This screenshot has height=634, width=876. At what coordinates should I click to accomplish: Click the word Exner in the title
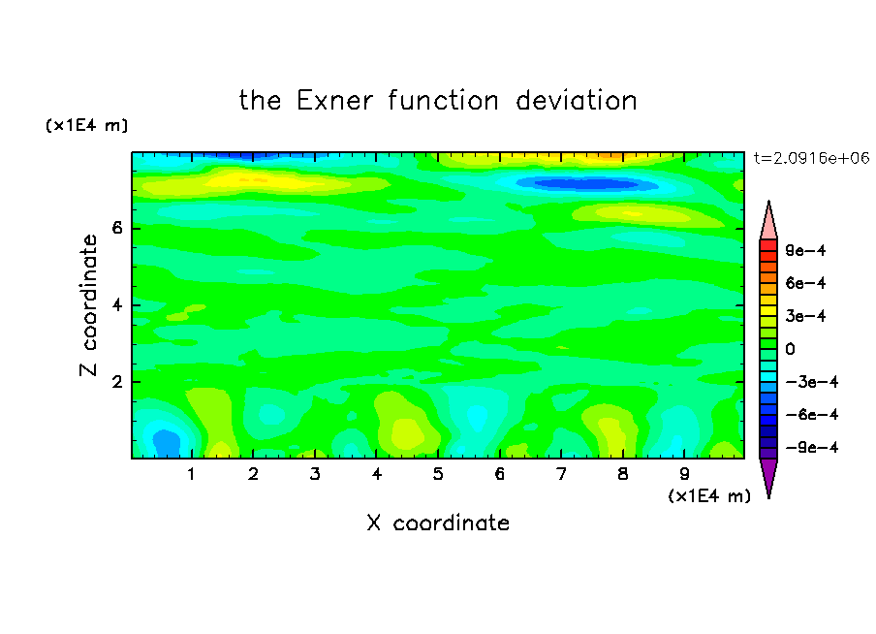tap(334, 101)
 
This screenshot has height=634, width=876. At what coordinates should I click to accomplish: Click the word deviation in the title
tap(576, 101)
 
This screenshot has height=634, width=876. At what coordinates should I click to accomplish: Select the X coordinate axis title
tap(438, 523)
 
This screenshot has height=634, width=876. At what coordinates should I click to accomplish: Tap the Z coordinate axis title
tap(88, 305)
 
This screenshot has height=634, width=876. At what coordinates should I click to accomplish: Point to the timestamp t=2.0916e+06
tap(811, 158)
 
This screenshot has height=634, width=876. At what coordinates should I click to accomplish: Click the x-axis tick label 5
tap(438, 474)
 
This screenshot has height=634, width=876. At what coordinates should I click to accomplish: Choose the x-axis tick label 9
tap(684, 474)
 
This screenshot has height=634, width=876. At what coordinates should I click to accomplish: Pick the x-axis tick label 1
tap(191, 474)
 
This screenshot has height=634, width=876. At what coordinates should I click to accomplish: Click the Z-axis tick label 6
tap(116, 228)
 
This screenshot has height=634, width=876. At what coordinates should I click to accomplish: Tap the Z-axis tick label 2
tap(116, 382)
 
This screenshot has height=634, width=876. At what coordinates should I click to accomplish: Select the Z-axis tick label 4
tap(116, 305)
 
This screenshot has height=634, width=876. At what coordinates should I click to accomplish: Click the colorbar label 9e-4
tap(805, 250)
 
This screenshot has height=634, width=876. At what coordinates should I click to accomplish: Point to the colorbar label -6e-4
tap(812, 415)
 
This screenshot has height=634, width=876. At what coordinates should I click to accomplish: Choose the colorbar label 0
tap(790, 349)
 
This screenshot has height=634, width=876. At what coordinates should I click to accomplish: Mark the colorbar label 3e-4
tap(805, 316)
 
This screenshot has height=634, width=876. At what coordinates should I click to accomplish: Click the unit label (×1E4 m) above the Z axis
tap(86, 125)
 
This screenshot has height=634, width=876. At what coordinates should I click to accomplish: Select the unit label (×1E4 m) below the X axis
tap(709, 496)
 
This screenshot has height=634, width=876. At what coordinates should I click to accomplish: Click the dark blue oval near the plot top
tap(585, 183)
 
